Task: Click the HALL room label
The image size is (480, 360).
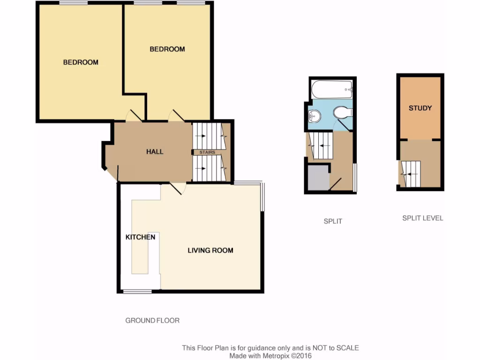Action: click(x=155, y=151)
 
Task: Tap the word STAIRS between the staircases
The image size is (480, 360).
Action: click(x=208, y=153)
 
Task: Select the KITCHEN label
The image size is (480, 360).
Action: click(x=140, y=237)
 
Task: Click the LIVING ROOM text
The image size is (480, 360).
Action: click(x=210, y=250)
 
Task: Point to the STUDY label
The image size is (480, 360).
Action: click(x=420, y=108)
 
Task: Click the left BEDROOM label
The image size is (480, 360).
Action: click(x=81, y=62)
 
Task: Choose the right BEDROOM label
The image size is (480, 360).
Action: click(x=167, y=49)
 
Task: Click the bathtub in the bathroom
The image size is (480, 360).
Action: click(x=331, y=89)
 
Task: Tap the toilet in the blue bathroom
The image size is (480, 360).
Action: click(x=343, y=112)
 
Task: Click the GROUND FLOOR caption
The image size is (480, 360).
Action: click(x=152, y=321)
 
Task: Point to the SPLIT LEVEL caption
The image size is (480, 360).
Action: click(x=422, y=218)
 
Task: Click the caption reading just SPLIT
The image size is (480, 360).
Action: click(x=333, y=221)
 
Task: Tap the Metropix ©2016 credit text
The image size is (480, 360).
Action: click(x=288, y=356)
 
